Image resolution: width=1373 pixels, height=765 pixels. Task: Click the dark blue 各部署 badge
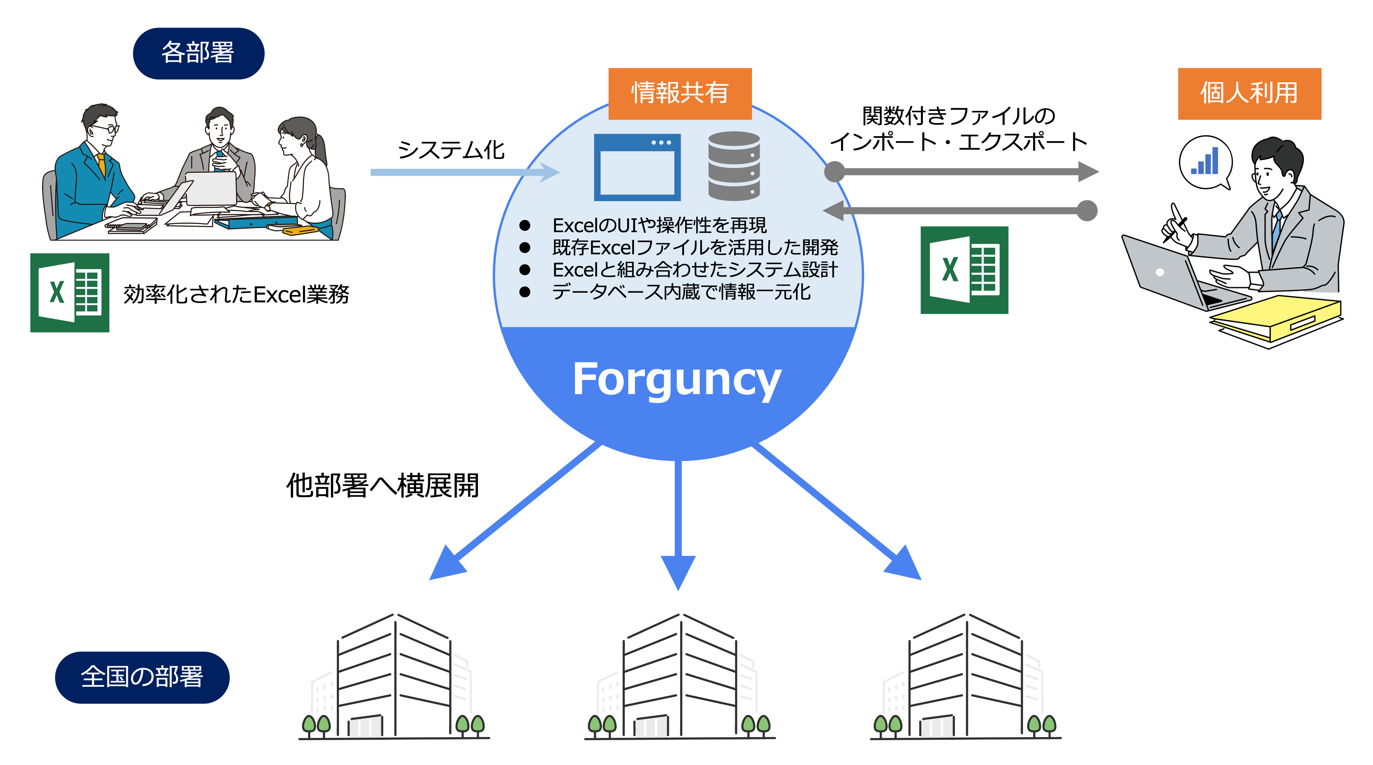[x=198, y=53]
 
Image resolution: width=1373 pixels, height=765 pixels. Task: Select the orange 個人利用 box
[x=1249, y=93]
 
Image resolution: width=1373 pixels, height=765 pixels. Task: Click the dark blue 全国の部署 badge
[x=142, y=677]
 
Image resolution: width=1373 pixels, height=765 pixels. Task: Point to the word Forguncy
[x=677, y=380]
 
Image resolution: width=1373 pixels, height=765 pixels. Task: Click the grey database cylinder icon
[x=734, y=166]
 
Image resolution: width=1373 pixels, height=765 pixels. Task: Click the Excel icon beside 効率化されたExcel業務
[x=70, y=292]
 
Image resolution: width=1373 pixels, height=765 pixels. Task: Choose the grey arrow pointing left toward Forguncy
[x=960, y=211]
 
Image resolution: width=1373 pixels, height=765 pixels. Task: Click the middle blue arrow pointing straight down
[x=678, y=522]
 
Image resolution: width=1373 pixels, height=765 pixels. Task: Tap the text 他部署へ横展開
[x=382, y=486]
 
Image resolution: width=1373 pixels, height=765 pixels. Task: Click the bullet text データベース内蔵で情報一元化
[x=681, y=292]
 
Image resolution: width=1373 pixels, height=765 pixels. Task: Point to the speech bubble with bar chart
[x=1206, y=162]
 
